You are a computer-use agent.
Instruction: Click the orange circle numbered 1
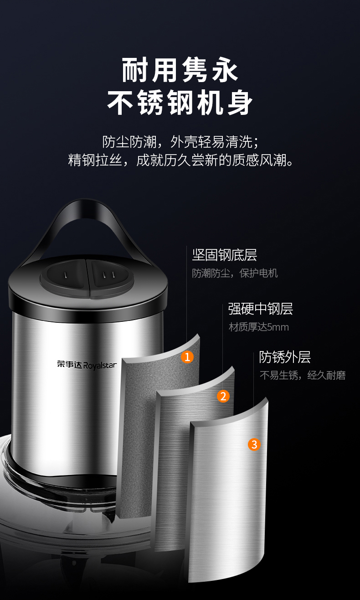pos(187,357)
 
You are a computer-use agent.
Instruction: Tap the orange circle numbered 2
pos(223,396)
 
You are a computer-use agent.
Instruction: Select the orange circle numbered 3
pos(254,445)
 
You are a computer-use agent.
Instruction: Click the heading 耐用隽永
pos(180,70)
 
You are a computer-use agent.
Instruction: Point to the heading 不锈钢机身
pos(180,103)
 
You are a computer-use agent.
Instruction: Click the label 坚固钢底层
pos(225,255)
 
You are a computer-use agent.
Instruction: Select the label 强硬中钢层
pos(261,309)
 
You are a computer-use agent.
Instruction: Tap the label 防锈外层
pos(285,357)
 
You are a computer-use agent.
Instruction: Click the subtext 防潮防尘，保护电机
pos(235,273)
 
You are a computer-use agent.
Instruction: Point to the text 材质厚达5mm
pos(258,327)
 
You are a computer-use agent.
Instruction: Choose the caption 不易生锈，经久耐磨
pos(303,375)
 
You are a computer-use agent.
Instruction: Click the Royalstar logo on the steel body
pos(87,365)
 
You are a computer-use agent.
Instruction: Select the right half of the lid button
pos(111,279)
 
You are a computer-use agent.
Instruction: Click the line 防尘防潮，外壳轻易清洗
pos(180,142)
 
